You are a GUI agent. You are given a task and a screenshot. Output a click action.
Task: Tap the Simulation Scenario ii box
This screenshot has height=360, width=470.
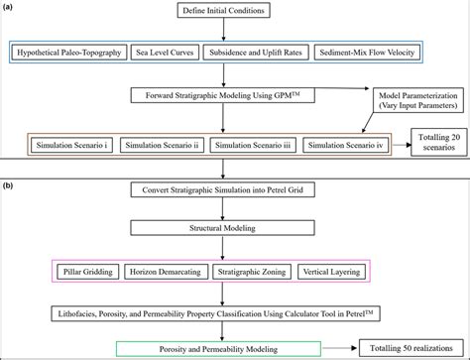click(x=155, y=145)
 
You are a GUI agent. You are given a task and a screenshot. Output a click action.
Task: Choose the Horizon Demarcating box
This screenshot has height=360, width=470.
click(x=174, y=269)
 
